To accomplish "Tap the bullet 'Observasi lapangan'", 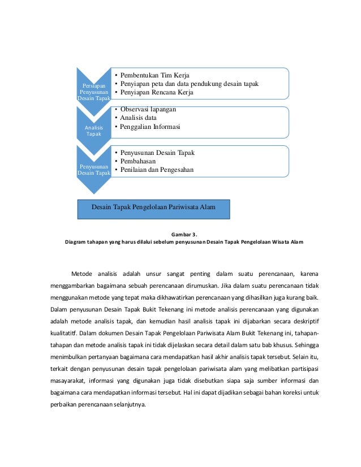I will tap(148, 109).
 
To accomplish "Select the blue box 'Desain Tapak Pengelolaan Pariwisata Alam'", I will tap(154, 207).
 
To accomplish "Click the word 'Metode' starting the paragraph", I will tap(82, 275).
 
